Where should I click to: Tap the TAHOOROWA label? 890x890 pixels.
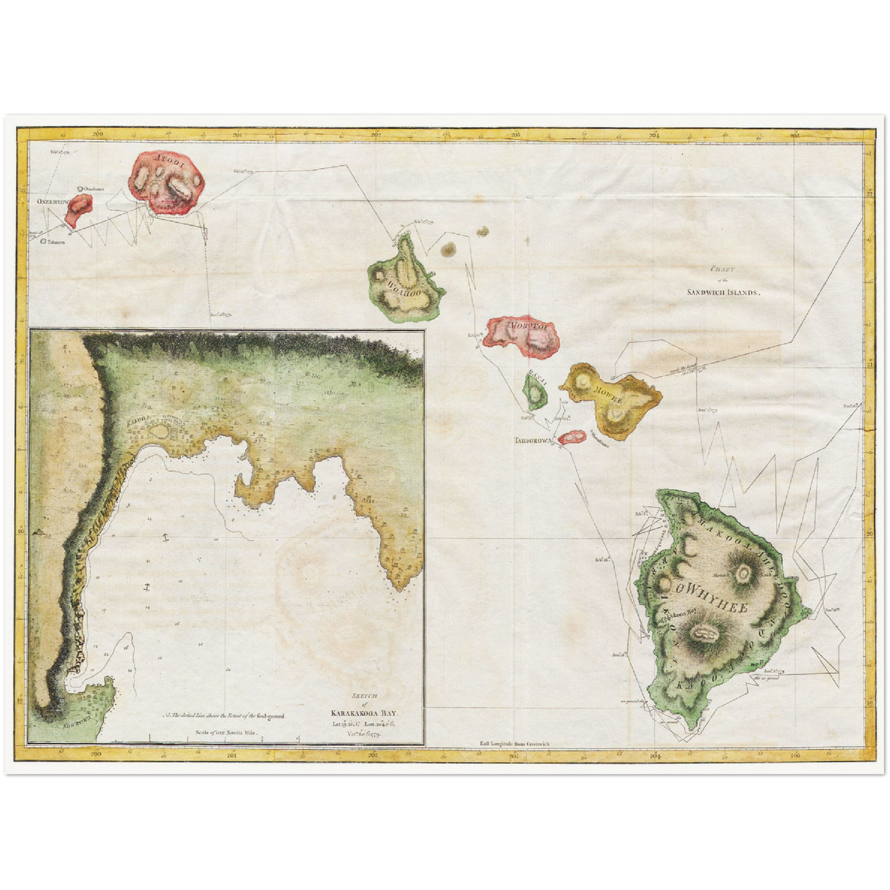[x=533, y=441]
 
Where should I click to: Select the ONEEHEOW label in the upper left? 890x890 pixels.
[x=49, y=201]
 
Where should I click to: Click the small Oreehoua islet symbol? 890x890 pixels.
[x=80, y=190]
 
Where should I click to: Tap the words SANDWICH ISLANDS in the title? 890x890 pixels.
[x=724, y=292]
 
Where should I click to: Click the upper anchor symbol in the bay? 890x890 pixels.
[x=164, y=538]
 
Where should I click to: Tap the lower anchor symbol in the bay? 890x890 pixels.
[x=147, y=586]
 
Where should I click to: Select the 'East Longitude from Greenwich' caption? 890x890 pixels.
[x=514, y=743]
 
